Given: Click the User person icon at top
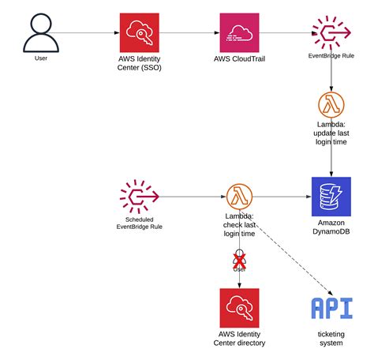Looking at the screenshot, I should click(x=40, y=32).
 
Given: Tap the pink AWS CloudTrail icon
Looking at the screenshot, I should click(x=239, y=32).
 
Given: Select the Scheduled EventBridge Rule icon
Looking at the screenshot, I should click(x=139, y=196).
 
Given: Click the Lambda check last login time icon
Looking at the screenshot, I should click(x=239, y=196).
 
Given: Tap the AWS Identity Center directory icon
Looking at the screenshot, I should click(x=239, y=308).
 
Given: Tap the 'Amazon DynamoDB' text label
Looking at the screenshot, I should click(x=330, y=228).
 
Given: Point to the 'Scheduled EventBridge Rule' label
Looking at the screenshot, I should click(x=139, y=223).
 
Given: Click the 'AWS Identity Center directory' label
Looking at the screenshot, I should click(x=239, y=338).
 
